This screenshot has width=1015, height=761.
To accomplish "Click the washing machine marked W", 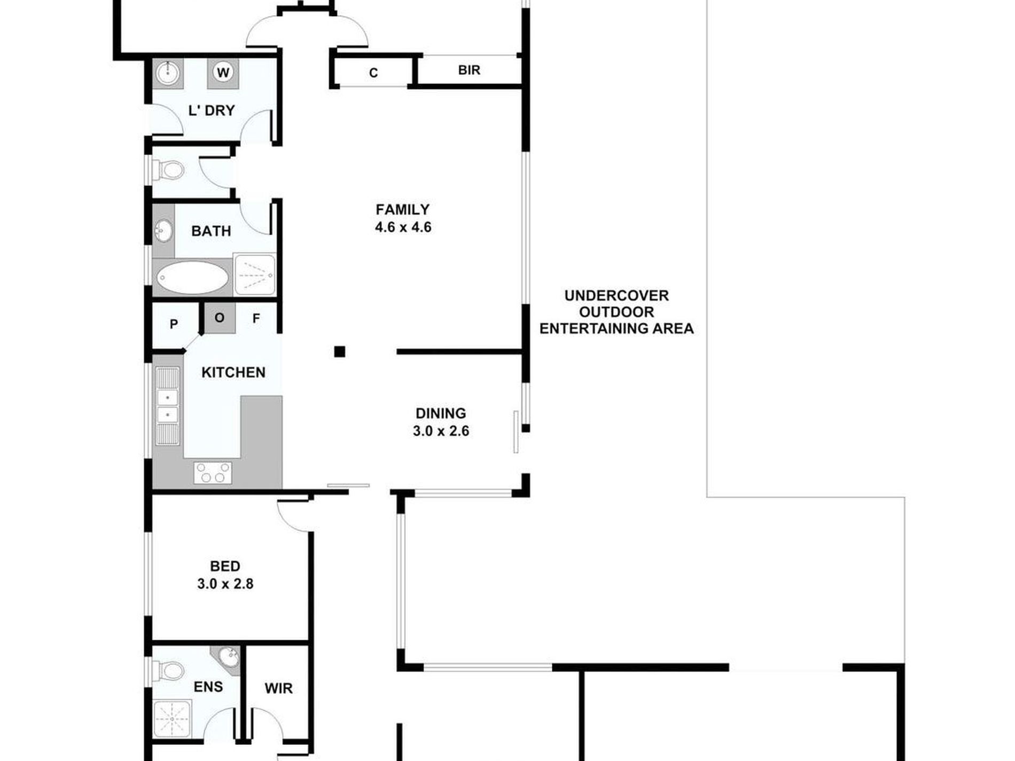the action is (x=223, y=72).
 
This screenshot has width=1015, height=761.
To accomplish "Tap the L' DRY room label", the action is (x=212, y=111).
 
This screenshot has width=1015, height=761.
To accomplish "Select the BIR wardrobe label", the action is (x=469, y=70).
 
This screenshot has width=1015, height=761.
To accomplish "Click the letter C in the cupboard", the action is (x=373, y=73).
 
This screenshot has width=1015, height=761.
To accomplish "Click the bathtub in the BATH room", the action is (x=193, y=277).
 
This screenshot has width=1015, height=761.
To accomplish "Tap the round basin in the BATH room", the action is (x=163, y=231).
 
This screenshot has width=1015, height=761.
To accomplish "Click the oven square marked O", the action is (x=220, y=318).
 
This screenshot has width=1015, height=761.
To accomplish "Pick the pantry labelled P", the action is (x=174, y=324).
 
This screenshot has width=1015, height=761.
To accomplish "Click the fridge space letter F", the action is (x=256, y=319).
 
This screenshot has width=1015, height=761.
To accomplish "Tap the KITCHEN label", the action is (x=233, y=372).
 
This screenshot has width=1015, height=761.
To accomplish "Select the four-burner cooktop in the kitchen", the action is (x=213, y=473).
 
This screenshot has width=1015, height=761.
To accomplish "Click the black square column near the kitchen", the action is (x=340, y=351).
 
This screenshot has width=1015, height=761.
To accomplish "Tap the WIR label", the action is (x=278, y=688).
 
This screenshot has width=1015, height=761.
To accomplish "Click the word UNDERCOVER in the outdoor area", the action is (x=616, y=295).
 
